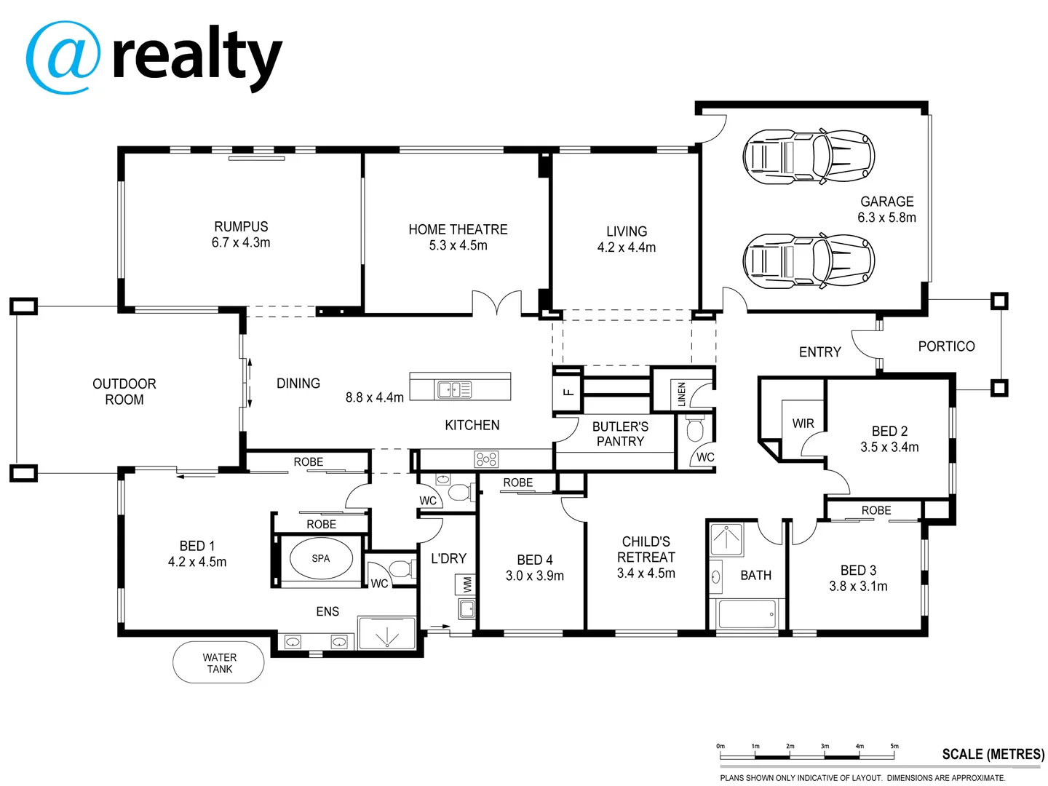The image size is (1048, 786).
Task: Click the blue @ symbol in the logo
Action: coord(63,57)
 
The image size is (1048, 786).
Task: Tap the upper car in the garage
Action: coord(808,157)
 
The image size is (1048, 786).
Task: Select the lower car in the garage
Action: coord(808,260)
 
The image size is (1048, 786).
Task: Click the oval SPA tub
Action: coord(321,559)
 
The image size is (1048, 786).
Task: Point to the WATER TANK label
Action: coord(219,663)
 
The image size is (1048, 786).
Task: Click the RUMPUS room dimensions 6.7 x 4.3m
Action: coord(241,243)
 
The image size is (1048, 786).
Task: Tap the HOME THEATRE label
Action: coord(458,229)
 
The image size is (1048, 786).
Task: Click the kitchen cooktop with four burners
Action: coord(486,458)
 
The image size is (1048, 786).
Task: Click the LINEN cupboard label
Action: coord(682,394)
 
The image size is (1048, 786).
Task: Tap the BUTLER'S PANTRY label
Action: coord(620,434)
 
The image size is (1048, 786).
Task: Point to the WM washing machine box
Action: coord(467,584)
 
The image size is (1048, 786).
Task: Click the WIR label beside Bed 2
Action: coord(803,424)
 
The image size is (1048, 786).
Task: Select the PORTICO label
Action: coord(946,346)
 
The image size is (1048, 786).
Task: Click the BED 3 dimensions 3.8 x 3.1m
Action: coord(858,587)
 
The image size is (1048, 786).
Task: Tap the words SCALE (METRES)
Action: coord(993,754)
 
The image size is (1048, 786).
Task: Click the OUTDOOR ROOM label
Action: coord(124,392)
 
